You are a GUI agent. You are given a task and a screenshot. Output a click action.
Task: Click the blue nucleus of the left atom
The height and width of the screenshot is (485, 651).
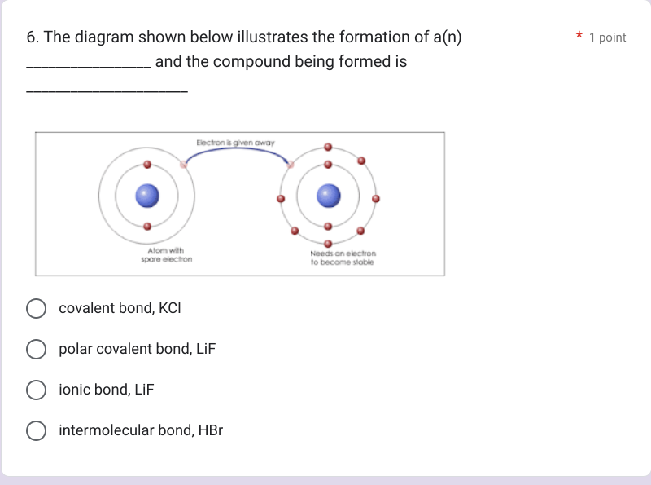146,196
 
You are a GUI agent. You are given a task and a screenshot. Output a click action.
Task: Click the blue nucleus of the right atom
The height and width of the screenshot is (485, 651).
328,196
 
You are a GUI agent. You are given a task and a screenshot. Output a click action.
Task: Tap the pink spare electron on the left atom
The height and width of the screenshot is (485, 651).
183,165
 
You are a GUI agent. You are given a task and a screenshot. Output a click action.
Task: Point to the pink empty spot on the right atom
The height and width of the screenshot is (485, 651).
291,165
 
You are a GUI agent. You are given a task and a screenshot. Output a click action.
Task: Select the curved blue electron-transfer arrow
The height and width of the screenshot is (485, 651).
236,152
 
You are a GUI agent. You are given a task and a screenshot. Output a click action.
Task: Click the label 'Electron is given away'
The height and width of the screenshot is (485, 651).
235,142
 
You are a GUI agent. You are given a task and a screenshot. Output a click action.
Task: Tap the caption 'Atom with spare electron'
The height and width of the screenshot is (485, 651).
166,254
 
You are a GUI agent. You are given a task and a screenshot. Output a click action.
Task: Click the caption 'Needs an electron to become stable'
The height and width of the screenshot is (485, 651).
343,258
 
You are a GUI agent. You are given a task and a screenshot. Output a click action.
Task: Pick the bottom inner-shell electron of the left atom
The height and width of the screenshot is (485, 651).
146,227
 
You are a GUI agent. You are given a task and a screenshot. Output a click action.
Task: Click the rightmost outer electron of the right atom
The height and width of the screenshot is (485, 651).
375,198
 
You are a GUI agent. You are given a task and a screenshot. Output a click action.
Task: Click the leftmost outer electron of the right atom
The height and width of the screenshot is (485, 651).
281,198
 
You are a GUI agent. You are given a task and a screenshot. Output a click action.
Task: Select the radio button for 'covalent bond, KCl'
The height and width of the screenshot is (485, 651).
36,308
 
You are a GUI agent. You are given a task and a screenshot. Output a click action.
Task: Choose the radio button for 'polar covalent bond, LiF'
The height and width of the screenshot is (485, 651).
36,349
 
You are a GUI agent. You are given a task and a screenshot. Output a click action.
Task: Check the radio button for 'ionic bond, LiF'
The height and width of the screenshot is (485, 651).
36,390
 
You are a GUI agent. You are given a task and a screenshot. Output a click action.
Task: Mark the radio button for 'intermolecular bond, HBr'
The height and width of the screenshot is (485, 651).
36,430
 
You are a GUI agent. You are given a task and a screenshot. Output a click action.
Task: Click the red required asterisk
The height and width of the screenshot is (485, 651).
579,37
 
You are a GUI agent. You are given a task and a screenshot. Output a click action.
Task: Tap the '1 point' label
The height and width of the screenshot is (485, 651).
607,37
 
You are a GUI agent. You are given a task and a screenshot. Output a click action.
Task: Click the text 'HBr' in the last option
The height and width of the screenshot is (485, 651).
210,430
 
